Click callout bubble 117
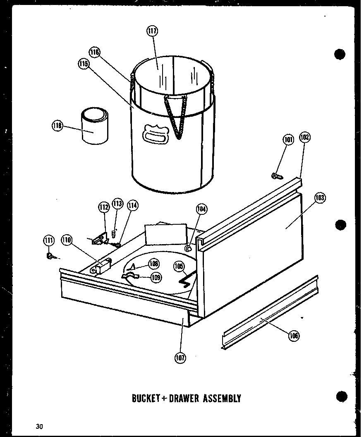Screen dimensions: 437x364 (152, 31)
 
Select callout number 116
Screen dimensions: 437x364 (94, 52)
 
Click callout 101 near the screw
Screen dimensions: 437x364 (288, 140)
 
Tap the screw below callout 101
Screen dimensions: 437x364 (277, 176)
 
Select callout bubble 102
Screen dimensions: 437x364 (305, 137)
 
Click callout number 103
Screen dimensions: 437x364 (320, 198)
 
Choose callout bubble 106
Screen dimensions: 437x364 (294, 335)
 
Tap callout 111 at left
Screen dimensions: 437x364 (49, 240)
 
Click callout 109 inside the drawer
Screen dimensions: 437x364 (156, 278)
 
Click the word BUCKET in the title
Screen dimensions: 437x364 (146, 399)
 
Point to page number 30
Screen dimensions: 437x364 (39, 426)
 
